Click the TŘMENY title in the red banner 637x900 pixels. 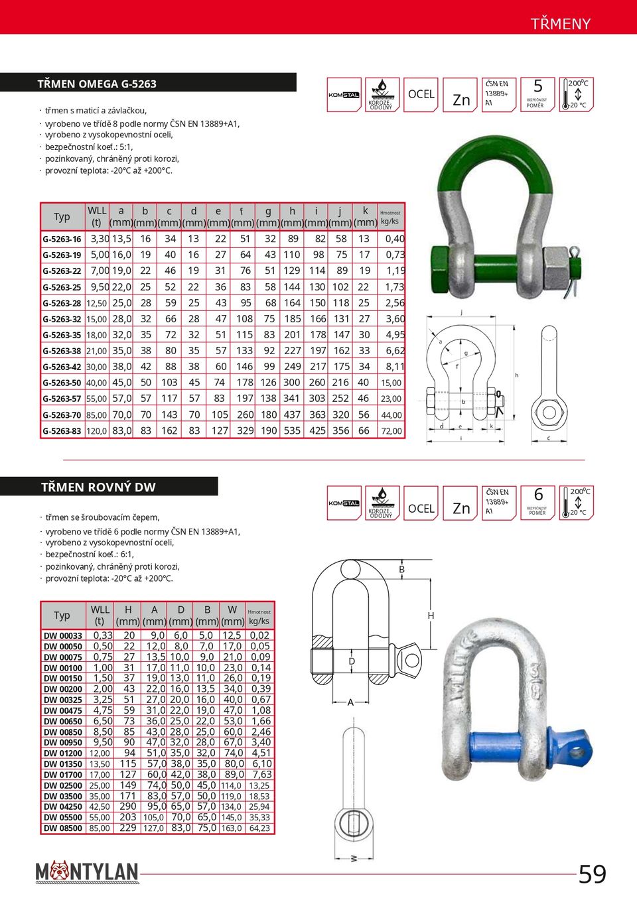(x=560, y=24)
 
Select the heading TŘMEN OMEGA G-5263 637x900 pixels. (x=97, y=84)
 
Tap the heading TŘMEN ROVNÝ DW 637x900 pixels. (x=98, y=487)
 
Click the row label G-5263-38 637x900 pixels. (x=62, y=351)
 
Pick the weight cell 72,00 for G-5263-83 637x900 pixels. (x=391, y=431)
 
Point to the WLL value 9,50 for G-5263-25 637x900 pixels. (x=100, y=287)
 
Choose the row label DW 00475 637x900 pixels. (x=63, y=711)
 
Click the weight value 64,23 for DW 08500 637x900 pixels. (x=259, y=828)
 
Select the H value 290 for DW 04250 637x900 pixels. (x=128, y=806)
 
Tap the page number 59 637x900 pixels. (x=592, y=874)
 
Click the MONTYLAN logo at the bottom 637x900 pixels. (x=87, y=872)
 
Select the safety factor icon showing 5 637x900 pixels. (x=537, y=94)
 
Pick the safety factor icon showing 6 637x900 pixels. (x=537, y=502)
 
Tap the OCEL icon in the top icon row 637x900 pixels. (x=421, y=95)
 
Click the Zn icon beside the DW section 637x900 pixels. (x=460, y=509)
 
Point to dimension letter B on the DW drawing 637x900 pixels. (x=401, y=570)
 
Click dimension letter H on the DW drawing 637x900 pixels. (x=431, y=616)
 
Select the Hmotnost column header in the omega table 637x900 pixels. (x=390, y=217)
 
